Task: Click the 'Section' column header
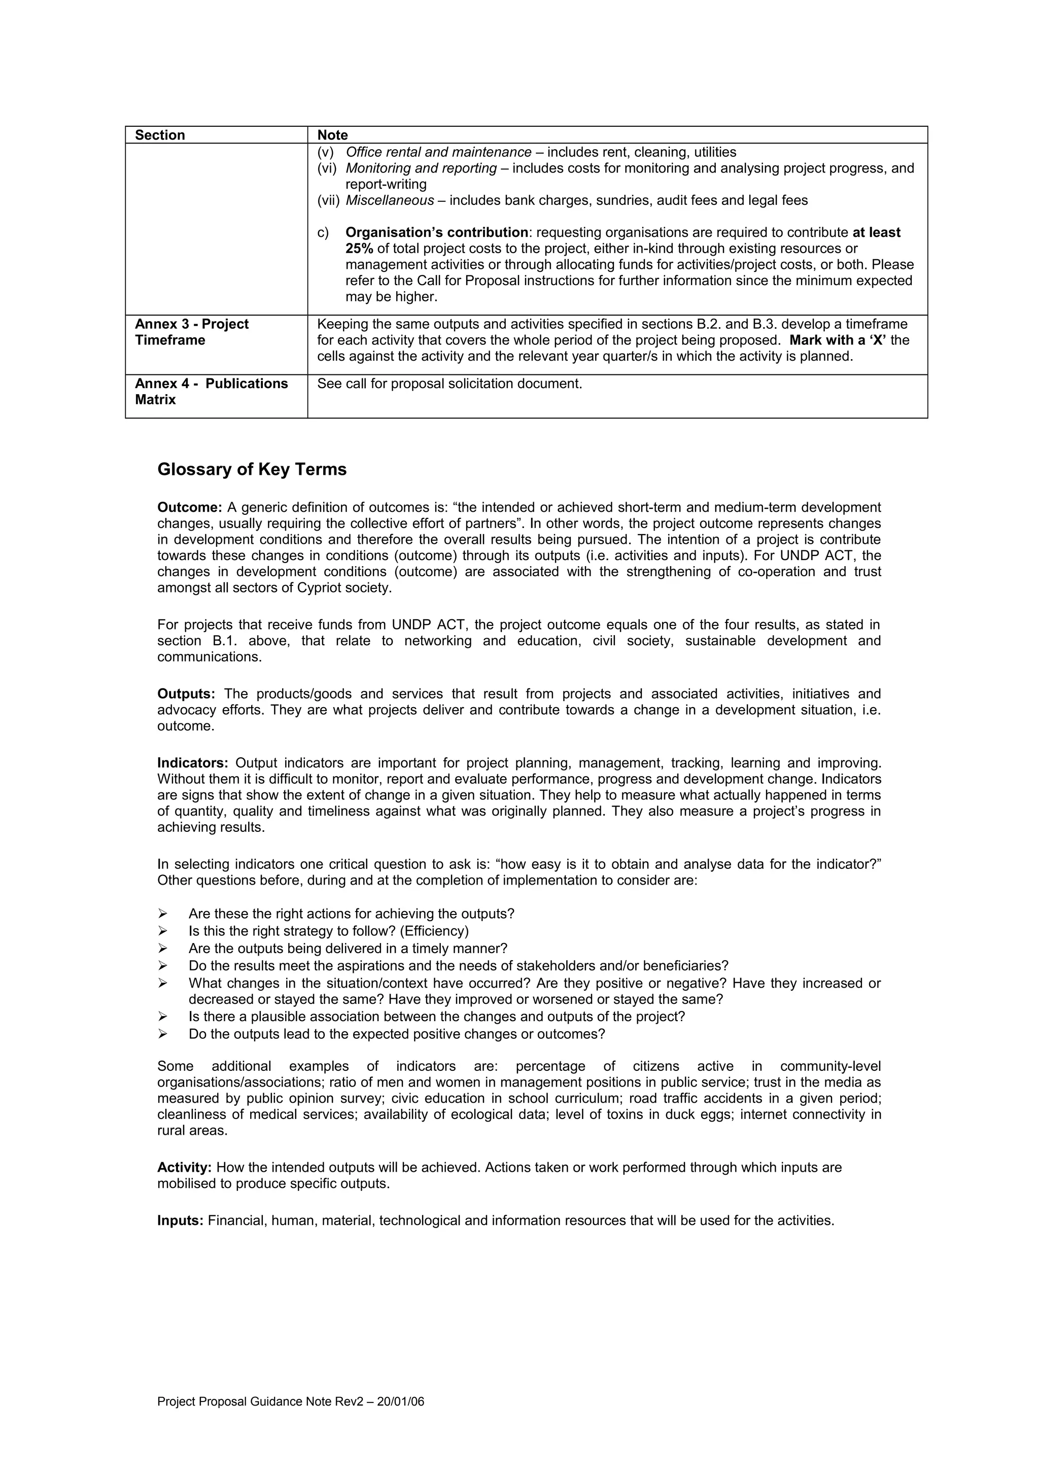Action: pyautogui.click(x=159, y=135)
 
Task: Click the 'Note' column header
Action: pyautogui.click(x=332, y=135)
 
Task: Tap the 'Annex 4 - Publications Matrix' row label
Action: pyautogui.click(x=211, y=391)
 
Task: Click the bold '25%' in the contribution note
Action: pyautogui.click(x=359, y=249)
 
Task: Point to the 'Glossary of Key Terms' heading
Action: pyautogui.click(x=252, y=469)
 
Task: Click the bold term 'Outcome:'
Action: pyautogui.click(x=190, y=507)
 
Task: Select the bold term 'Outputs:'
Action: pyautogui.click(x=186, y=694)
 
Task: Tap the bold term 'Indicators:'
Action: pyautogui.click(x=193, y=763)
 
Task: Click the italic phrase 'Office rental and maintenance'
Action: pyautogui.click(x=438, y=152)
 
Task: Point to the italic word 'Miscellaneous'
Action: pyautogui.click(x=389, y=200)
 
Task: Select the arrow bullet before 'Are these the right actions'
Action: pyautogui.click(x=163, y=914)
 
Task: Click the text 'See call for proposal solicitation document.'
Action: pyautogui.click(x=449, y=383)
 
